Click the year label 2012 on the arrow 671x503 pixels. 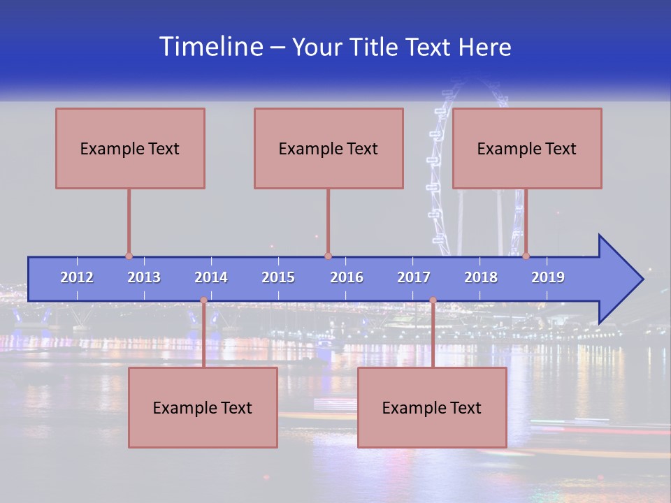coord(77,277)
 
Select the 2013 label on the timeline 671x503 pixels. coord(144,277)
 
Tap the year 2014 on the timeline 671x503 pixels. coord(211,277)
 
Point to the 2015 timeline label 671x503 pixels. coord(278,277)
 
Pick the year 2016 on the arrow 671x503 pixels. coord(347,277)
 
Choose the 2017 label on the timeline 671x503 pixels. coord(414,277)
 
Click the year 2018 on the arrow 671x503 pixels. coord(481,277)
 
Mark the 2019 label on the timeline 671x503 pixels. coord(548,277)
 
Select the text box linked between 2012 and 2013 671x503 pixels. coord(130,148)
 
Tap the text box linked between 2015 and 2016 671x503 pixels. coord(329,148)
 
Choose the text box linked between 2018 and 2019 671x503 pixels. coord(527,148)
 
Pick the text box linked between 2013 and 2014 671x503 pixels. coord(203,407)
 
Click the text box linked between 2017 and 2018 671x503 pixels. coord(432,407)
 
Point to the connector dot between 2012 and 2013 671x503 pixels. coord(129,256)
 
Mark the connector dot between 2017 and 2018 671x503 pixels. coord(433,300)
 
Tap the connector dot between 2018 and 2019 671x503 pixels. coord(526,256)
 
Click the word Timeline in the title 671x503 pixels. coord(211,47)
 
